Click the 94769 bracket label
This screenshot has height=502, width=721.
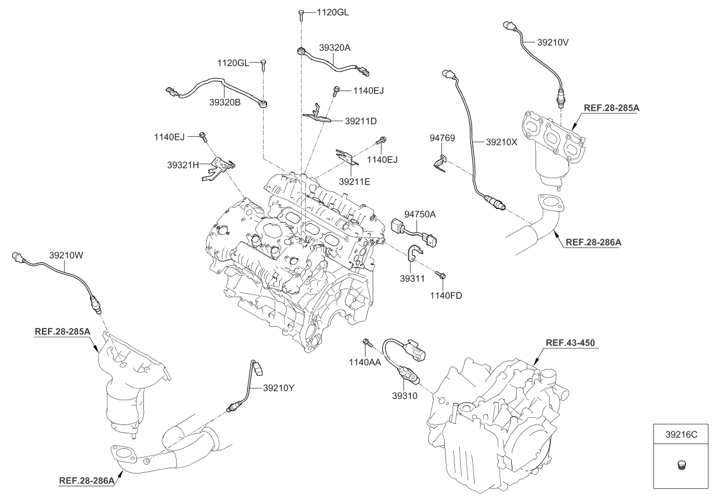pyautogui.click(x=441, y=139)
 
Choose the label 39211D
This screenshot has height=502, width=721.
pyautogui.click(x=361, y=121)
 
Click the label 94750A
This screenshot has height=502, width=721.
pyautogui.click(x=420, y=213)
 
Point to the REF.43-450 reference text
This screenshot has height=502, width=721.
pyautogui.click(x=569, y=343)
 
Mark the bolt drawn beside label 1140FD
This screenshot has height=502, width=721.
pyautogui.click(x=441, y=275)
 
